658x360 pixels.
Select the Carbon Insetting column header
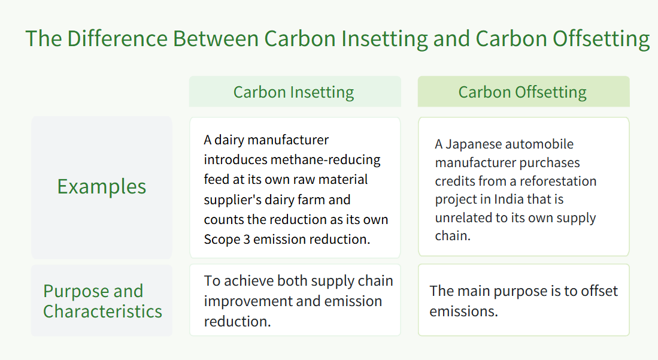(x=294, y=92)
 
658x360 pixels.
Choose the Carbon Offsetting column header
(x=523, y=92)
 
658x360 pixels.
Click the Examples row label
(x=102, y=187)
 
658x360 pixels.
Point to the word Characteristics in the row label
(x=102, y=311)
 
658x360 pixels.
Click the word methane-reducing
(x=326, y=160)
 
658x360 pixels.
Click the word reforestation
(x=557, y=181)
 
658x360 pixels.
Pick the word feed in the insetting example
(x=217, y=180)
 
